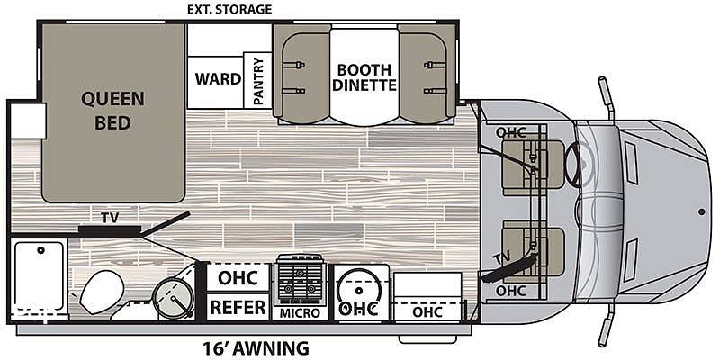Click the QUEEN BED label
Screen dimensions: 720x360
tap(113, 110)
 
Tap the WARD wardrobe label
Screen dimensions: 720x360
tap(218, 78)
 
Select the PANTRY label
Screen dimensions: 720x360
tap(258, 80)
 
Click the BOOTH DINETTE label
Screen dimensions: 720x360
tap(364, 77)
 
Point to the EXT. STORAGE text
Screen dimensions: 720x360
tap(229, 9)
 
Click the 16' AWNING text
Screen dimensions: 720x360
tap(256, 347)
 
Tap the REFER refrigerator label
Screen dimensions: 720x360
tap(237, 307)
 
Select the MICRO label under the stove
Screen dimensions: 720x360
tap(301, 313)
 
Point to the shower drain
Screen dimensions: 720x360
tap(40, 251)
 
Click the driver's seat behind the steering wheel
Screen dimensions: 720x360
tap(533, 165)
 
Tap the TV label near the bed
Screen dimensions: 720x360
tap(110, 218)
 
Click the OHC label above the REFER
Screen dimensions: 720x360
tap(238, 278)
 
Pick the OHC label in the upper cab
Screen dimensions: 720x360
tap(510, 132)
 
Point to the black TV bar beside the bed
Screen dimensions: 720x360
tap(109, 230)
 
